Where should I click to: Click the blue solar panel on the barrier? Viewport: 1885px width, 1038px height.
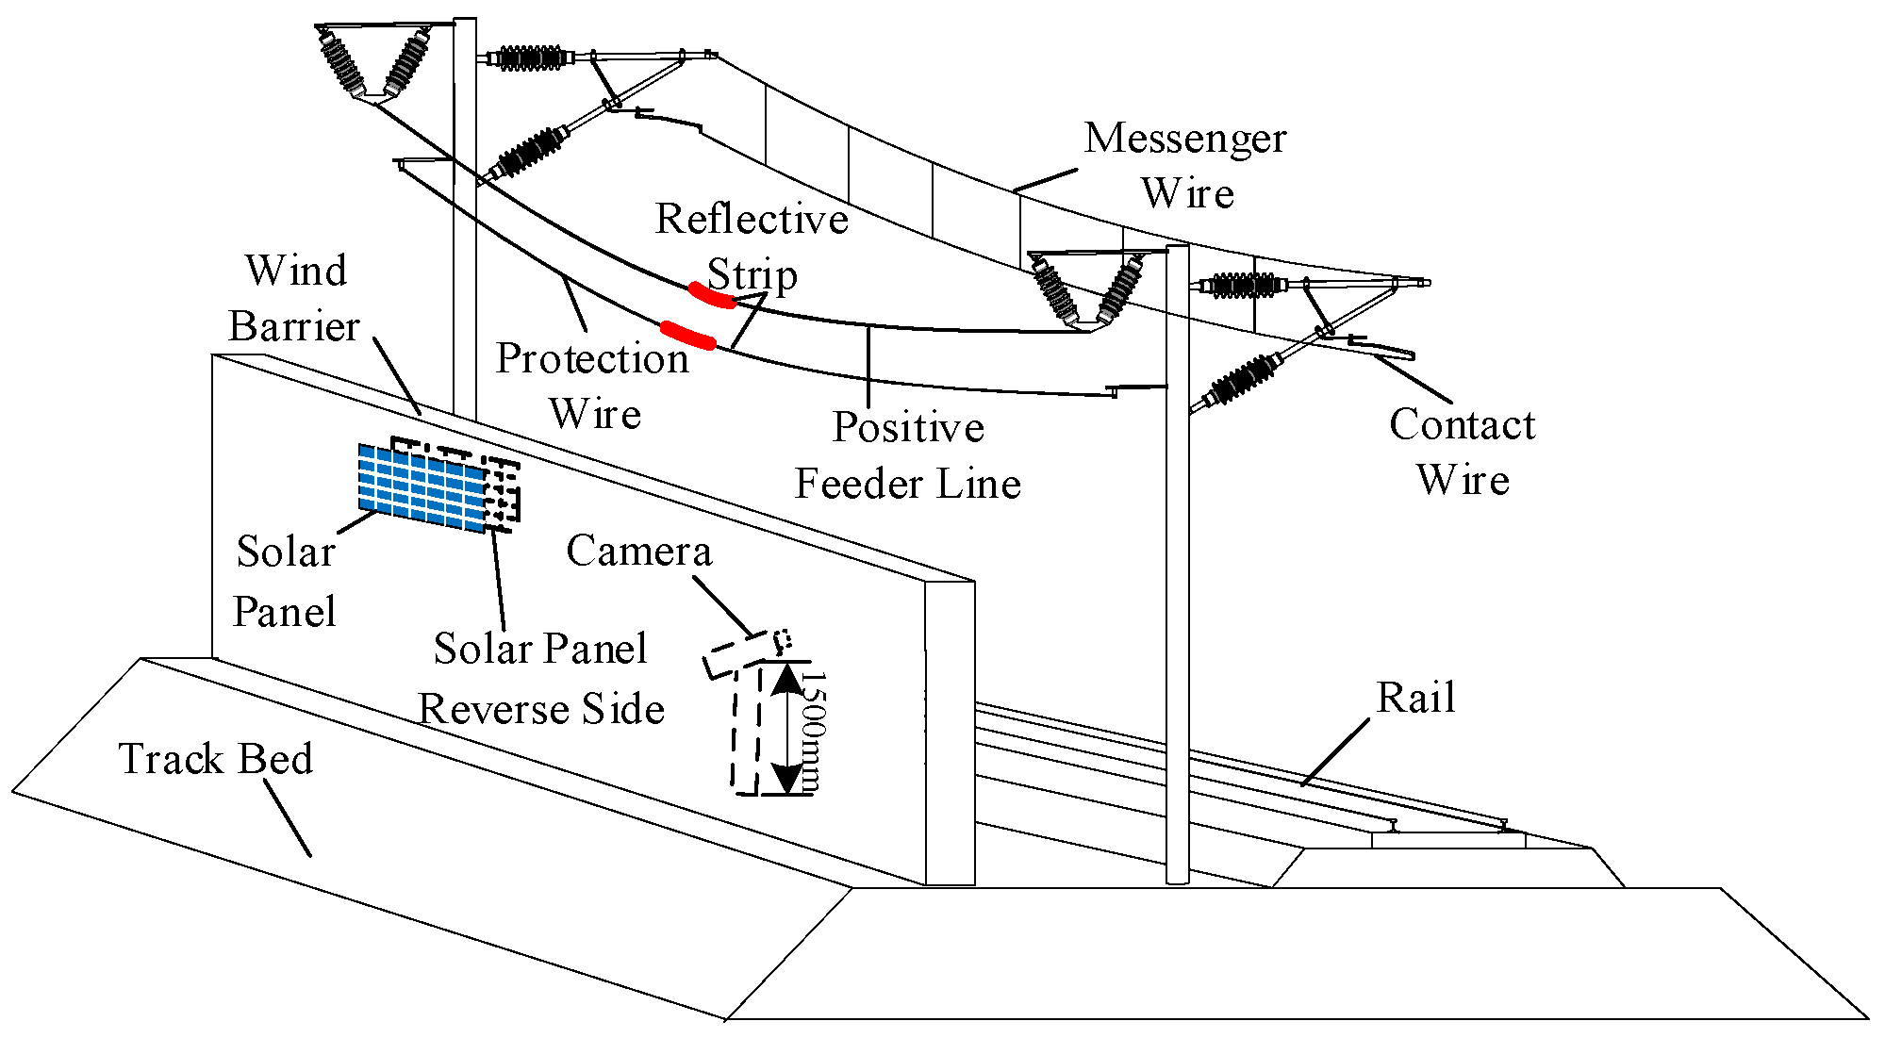coord(422,486)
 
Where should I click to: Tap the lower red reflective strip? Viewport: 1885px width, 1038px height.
coord(687,335)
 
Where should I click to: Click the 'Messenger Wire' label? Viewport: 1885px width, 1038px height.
coord(1185,166)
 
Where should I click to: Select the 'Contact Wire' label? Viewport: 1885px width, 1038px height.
coord(1462,452)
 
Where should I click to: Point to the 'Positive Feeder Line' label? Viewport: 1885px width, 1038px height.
coord(907,455)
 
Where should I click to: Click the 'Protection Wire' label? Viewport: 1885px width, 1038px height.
coord(593,386)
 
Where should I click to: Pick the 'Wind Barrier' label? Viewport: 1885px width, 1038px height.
coord(295,298)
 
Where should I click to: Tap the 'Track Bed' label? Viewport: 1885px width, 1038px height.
coord(216,759)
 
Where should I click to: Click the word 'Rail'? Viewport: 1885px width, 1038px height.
coord(1415,698)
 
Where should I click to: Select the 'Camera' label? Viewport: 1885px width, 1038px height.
coord(638,551)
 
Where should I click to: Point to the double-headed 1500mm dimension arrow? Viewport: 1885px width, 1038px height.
coord(785,729)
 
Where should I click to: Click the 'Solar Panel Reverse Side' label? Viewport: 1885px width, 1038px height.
coord(541,678)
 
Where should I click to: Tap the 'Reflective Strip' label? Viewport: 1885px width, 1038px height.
coord(752,246)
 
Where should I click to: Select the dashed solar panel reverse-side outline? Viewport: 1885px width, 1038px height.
coord(502,490)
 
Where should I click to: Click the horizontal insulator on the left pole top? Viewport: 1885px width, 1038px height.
coord(529,58)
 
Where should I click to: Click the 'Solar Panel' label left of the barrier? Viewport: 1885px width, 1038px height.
coord(284,581)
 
